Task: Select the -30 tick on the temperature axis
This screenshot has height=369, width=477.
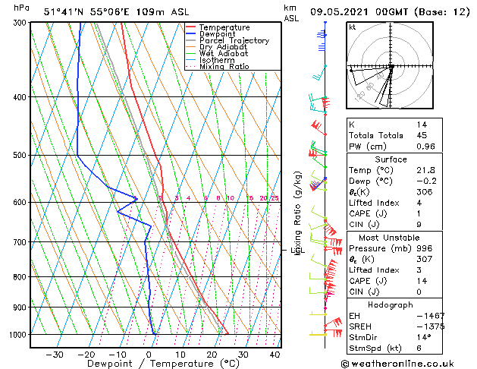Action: [54, 355]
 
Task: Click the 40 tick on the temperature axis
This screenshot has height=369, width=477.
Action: [275, 355]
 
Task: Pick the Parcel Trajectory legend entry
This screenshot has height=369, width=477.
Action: [234, 41]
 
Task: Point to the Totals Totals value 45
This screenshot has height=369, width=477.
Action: [422, 136]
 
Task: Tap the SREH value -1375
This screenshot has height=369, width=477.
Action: [429, 326]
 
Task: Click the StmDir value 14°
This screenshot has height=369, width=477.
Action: [423, 337]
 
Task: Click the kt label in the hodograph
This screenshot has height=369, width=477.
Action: [353, 27]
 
